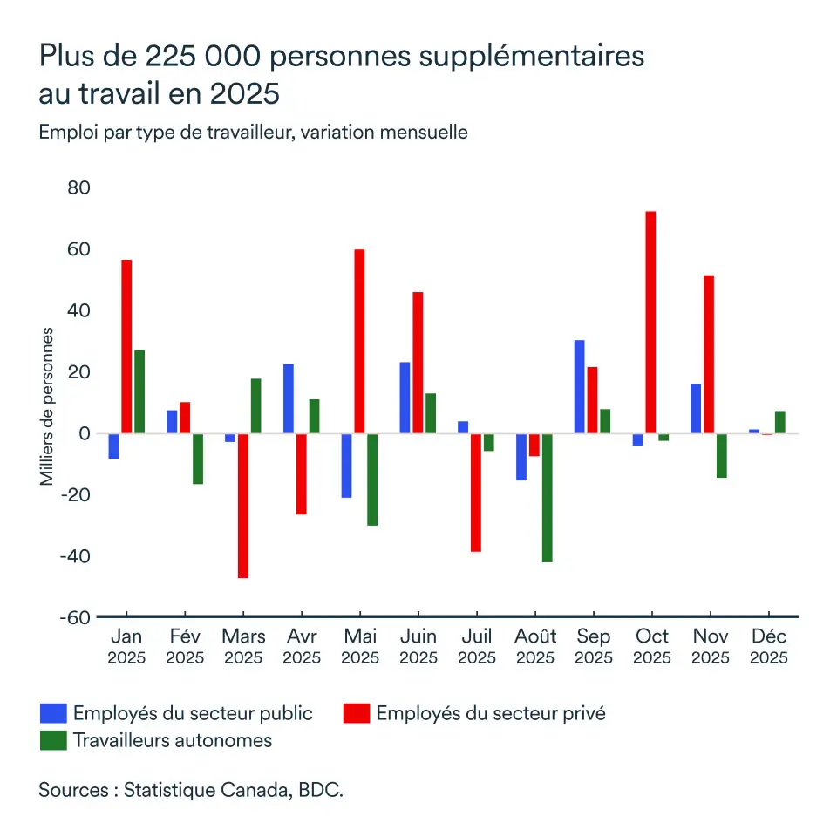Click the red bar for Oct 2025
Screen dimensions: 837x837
[x=650, y=323]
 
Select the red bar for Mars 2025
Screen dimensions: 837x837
[x=242, y=506]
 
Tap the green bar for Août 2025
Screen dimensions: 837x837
[x=547, y=498]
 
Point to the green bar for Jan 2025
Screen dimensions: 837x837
[x=139, y=391]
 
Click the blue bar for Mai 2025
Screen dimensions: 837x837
[x=346, y=466]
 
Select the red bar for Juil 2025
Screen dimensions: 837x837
[x=475, y=493]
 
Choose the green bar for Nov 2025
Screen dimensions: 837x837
[x=722, y=456]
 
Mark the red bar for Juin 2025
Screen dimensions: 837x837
[x=418, y=363]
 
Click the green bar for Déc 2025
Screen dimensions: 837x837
[x=780, y=422]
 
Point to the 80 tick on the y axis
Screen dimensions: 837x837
[x=79, y=188]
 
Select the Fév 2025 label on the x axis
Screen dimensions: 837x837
[x=185, y=646]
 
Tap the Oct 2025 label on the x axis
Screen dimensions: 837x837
[x=651, y=646]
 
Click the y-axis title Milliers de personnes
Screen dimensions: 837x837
[x=47, y=407]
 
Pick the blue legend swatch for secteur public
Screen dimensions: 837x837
[x=53, y=713]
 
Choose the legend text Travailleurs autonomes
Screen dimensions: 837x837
[x=173, y=741]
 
